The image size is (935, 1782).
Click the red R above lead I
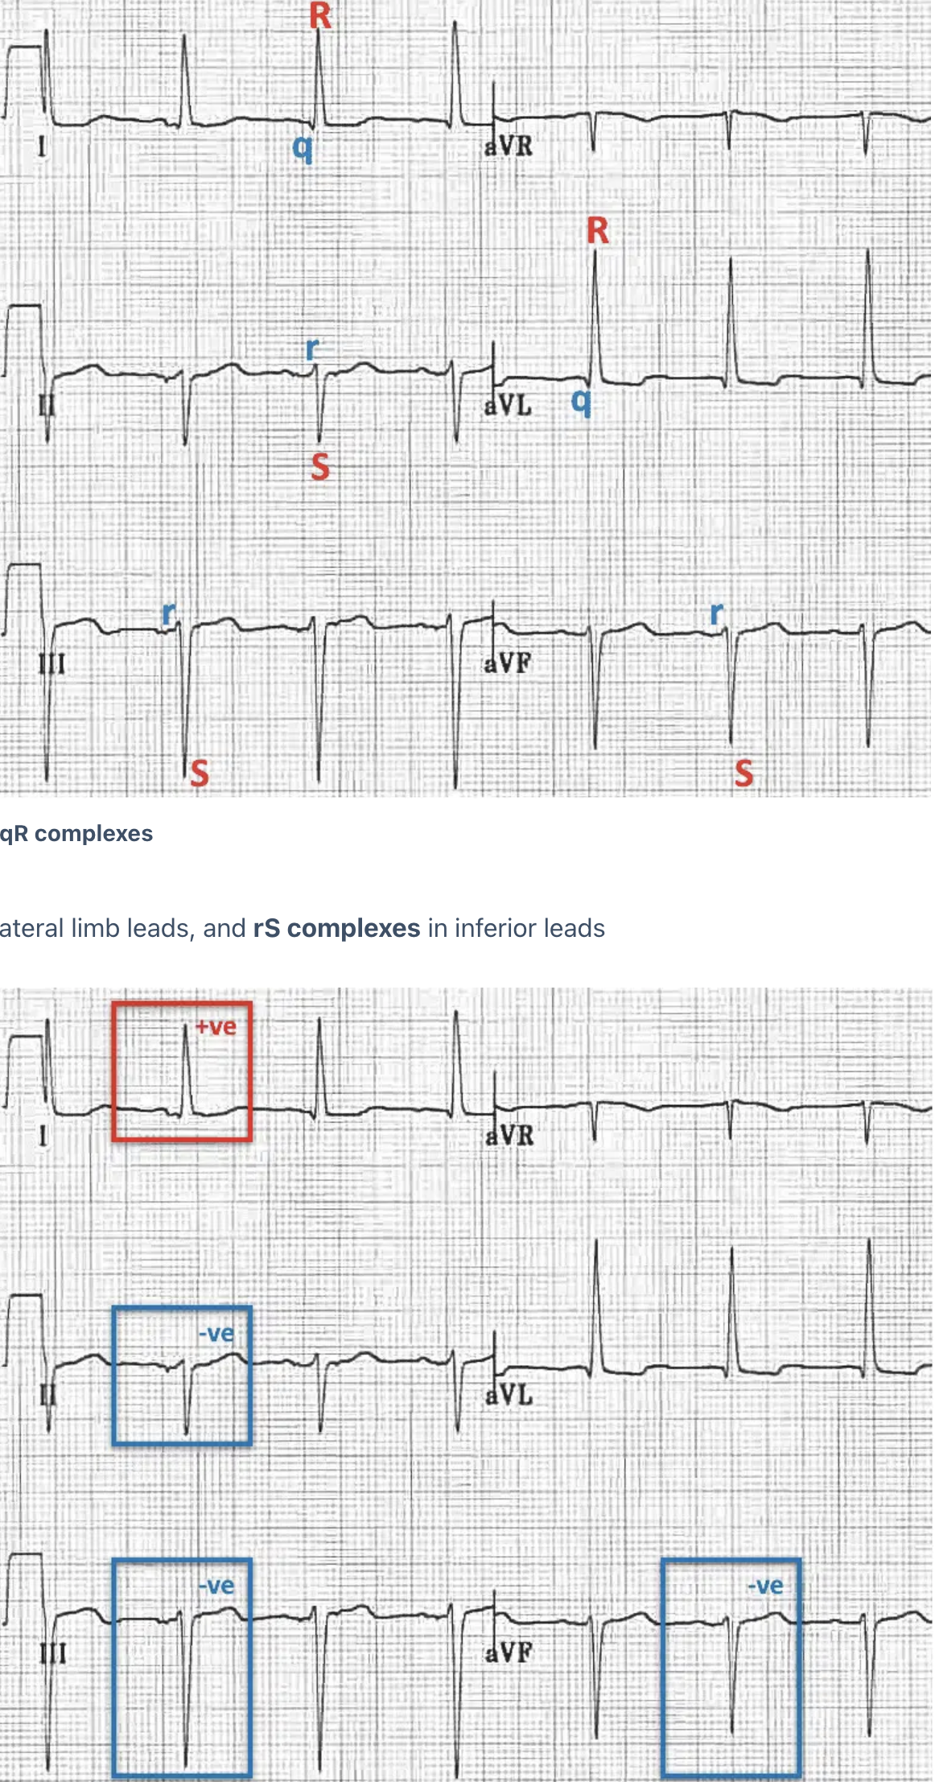pos(320,15)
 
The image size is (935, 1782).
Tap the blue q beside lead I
pos(302,147)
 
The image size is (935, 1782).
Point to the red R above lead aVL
pos(597,231)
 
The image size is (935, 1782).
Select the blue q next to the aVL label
pos(580,400)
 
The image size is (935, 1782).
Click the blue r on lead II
pos(312,349)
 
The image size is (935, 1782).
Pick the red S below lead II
pos(319,467)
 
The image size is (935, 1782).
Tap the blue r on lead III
pos(168,614)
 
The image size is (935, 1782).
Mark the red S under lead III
pos(199,773)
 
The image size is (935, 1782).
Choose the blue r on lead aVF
pos(716,614)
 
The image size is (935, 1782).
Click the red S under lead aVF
pos(743,773)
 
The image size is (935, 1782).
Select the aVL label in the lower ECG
pos(509,1395)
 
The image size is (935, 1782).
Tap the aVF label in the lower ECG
pos(509,1653)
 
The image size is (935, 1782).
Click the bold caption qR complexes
pos(76,834)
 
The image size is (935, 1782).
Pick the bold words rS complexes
pos(336,928)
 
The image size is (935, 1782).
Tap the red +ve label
pos(216,1027)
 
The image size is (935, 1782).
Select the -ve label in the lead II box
pos(216,1334)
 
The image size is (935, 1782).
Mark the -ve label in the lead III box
pos(216,1586)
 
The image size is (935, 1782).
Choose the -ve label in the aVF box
pos(764,1586)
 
